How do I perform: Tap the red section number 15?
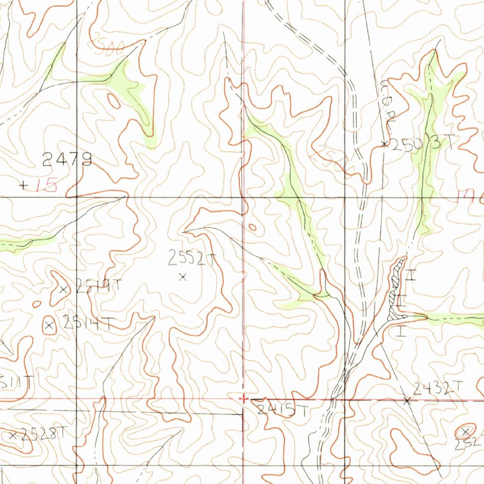point(47,185)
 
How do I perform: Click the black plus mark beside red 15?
point(23,185)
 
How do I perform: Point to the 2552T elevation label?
point(192,258)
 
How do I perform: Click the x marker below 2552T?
point(183,277)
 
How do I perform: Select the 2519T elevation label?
point(98,286)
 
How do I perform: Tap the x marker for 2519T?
point(64,289)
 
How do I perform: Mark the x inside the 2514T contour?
point(49,325)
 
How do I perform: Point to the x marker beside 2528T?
point(13,435)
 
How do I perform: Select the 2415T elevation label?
point(282,410)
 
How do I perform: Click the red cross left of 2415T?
point(243,399)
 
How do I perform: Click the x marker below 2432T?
point(407,400)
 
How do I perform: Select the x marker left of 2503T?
point(385,143)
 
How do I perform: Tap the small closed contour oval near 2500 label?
point(114,100)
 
